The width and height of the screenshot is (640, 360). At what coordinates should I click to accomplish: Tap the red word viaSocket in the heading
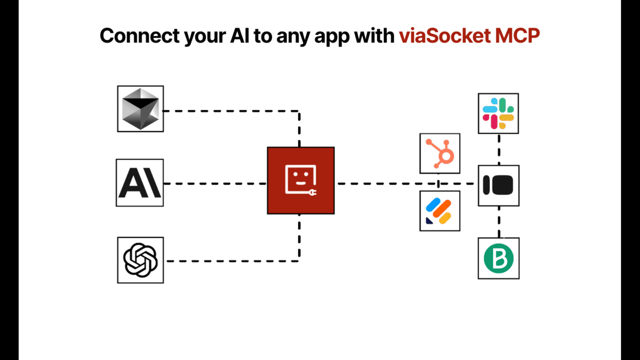pos(445,36)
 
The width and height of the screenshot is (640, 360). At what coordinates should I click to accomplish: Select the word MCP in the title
pos(518,36)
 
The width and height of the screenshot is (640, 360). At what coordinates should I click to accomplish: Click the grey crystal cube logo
pos(140,109)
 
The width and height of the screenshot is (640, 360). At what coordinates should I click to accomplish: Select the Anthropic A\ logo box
pos(140,183)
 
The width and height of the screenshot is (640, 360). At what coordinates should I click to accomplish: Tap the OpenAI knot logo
pos(140,260)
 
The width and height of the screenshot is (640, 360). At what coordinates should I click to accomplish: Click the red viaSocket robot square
pos(301,180)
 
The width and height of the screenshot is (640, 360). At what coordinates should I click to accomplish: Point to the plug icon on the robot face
pos(312,192)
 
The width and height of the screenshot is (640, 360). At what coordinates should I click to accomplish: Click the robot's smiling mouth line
pos(301,183)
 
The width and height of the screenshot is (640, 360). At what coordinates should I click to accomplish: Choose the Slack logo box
pos(498,114)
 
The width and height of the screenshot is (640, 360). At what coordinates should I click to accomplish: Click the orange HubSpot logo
pos(440,154)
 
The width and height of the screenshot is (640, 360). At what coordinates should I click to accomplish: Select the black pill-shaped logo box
pos(498,186)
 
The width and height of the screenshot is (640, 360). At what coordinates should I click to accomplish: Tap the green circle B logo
pos(498,258)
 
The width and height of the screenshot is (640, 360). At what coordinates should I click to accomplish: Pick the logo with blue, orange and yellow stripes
pos(440,211)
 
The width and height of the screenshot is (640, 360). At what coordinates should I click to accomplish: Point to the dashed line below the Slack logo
pos(499,149)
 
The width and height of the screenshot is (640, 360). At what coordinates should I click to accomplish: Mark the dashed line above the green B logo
pos(499,222)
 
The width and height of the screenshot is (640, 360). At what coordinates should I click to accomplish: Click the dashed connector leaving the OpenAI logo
pos(232,261)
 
